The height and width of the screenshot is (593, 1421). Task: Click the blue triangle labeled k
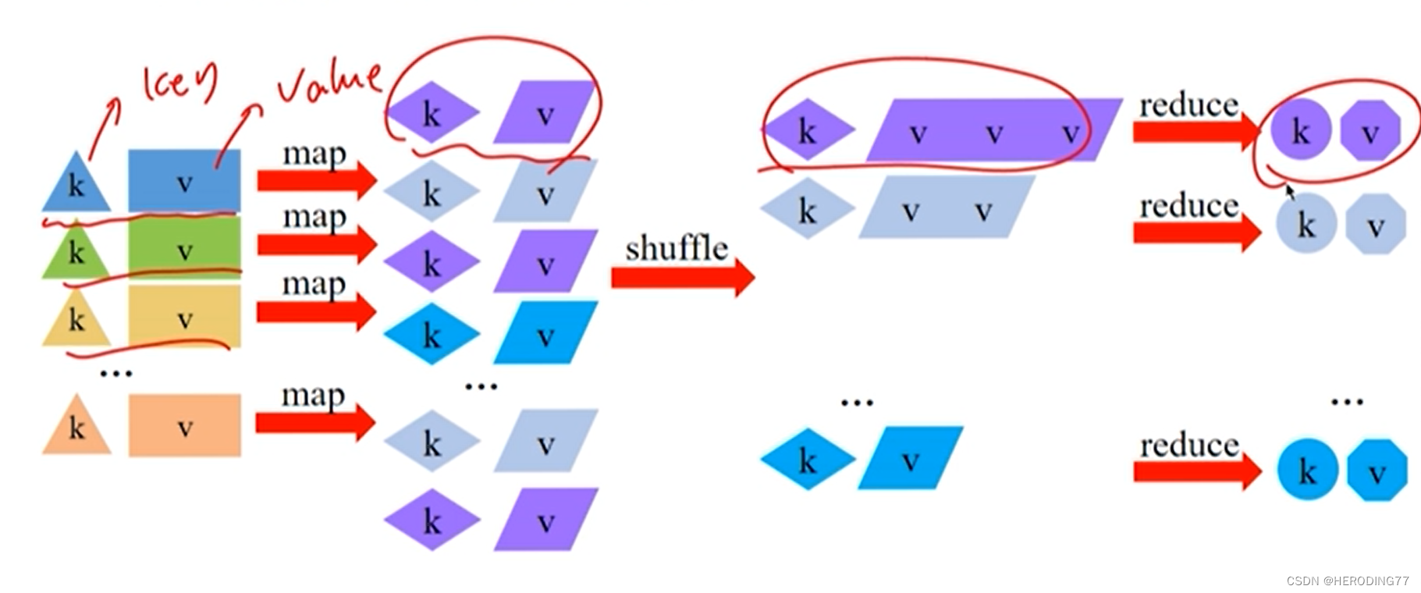76,184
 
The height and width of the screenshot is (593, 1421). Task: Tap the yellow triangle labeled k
76,320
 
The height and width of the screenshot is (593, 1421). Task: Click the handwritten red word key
178,84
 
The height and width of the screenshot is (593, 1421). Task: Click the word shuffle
676,249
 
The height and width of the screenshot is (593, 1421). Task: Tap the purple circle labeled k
1299,130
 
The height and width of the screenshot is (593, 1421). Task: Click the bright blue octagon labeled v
1376,470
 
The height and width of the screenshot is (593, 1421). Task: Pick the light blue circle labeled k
1306,224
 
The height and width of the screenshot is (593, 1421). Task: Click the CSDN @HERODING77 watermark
1347,581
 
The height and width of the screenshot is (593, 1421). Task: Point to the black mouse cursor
1290,191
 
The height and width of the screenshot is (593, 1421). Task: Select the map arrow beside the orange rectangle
315,423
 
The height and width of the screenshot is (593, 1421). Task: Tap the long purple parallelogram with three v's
993,131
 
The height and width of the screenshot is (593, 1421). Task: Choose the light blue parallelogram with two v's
946,208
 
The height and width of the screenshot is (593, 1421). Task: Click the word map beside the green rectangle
314,216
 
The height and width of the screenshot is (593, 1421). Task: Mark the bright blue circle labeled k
1307,470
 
